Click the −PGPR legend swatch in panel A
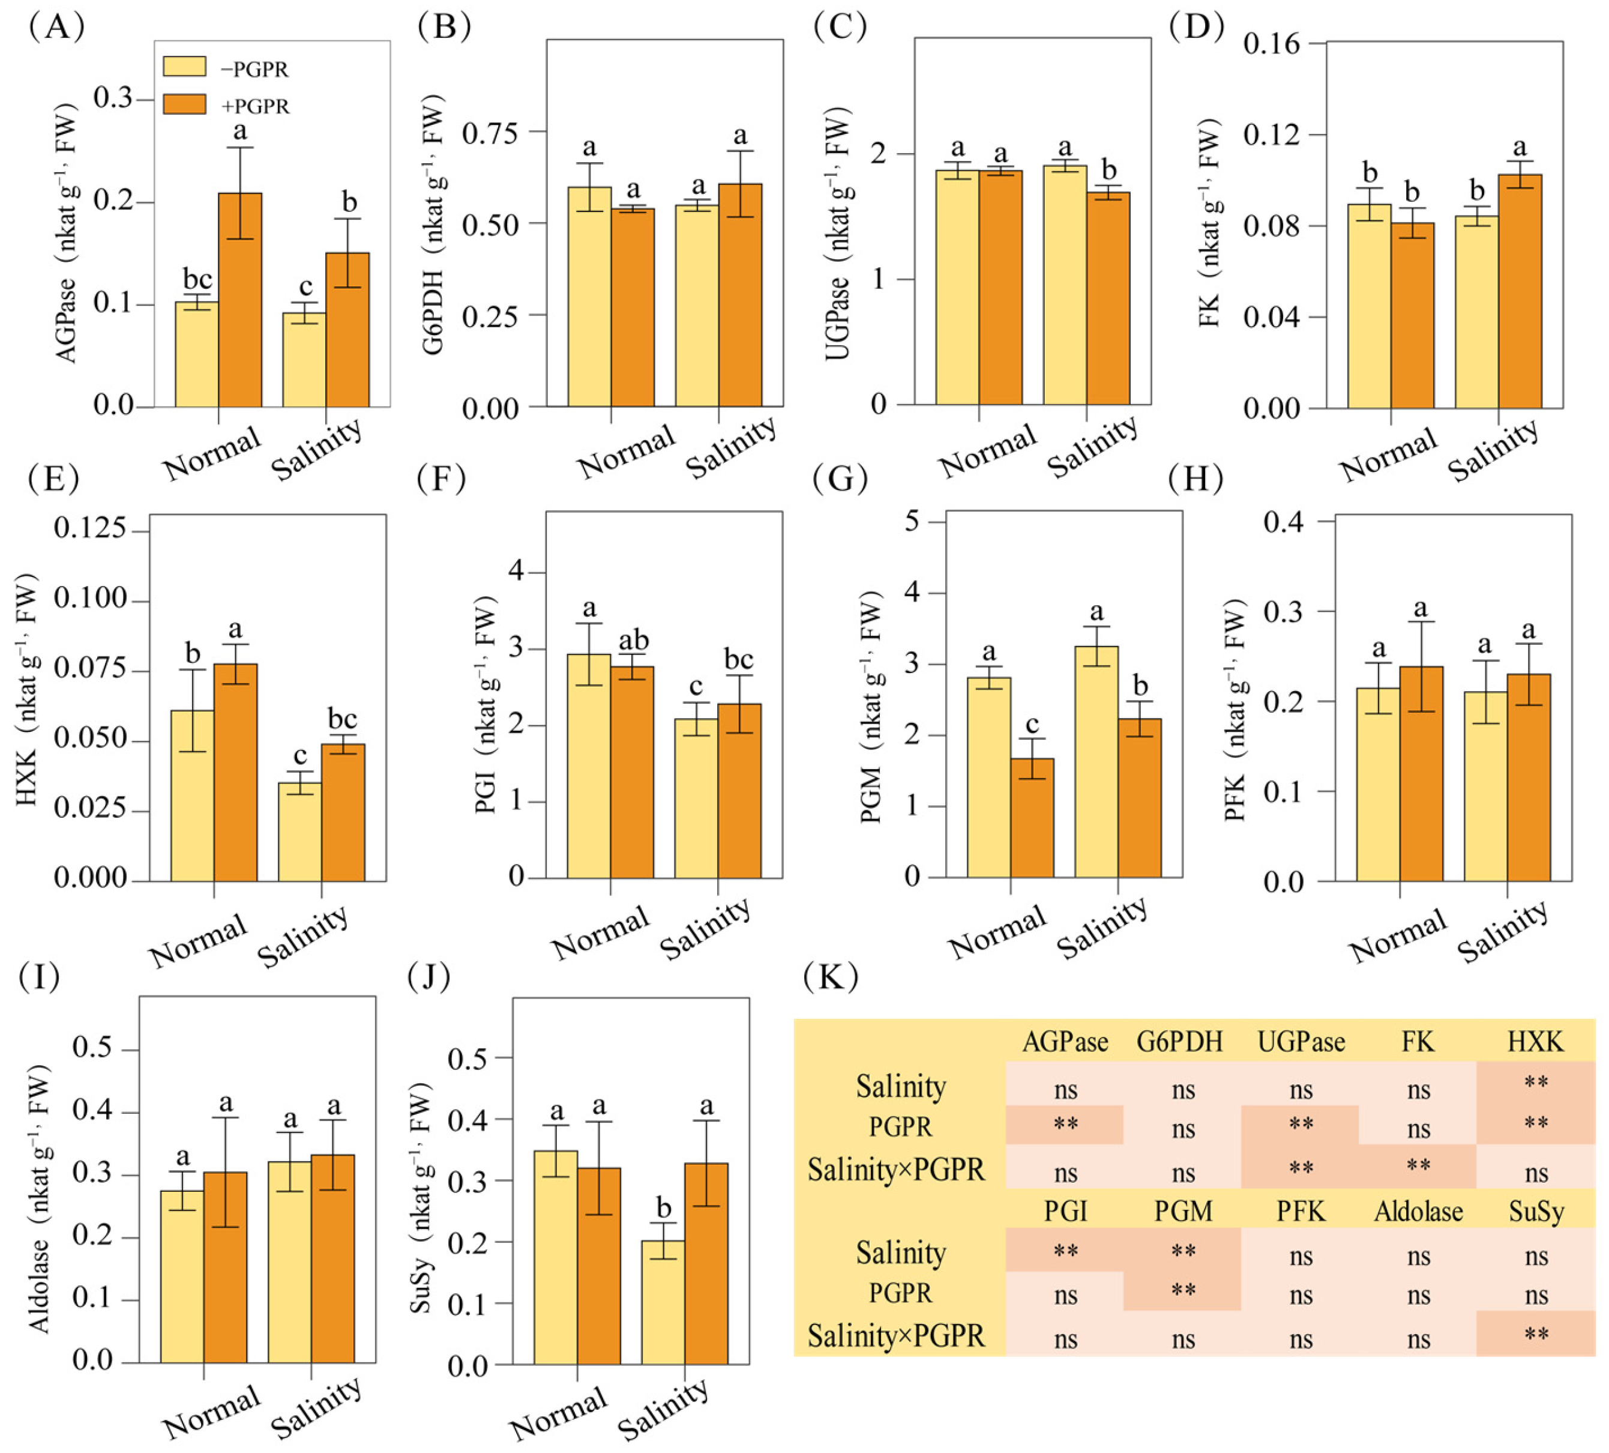click(184, 66)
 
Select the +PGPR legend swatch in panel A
click(184, 104)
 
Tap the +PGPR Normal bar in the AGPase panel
click(240, 300)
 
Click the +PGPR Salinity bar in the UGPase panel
click(1108, 298)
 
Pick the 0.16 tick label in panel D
click(1272, 43)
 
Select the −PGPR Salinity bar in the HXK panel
click(300, 832)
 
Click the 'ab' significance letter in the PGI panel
click(634, 639)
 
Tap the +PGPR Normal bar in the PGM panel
click(1032, 818)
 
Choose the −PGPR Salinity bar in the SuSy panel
click(663, 1302)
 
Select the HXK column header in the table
click(1536, 1042)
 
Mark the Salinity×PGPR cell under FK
click(1418, 1167)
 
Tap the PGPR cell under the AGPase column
click(1065, 1125)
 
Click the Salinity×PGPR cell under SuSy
click(1536, 1334)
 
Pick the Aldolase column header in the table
click(1418, 1212)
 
